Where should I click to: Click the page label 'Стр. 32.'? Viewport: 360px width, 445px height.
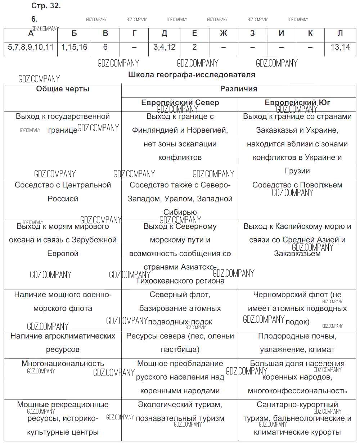coord(46,6)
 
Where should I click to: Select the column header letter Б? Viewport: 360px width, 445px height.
coord(74,33)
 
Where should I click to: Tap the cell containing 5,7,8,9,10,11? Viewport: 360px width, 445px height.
coord(31,47)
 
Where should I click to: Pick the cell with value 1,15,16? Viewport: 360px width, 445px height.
coord(74,47)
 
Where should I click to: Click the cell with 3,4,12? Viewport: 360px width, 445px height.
coord(164,47)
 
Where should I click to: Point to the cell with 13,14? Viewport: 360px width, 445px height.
coord(340,47)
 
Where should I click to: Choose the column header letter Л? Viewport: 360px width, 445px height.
coord(340,33)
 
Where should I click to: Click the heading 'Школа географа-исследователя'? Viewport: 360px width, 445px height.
coord(192,75)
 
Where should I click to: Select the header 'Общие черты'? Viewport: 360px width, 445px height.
coord(63,89)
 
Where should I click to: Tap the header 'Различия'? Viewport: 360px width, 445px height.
coord(239,89)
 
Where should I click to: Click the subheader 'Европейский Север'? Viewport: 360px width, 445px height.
coord(180,103)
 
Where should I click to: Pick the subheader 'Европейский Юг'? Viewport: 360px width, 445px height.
coord(297,103)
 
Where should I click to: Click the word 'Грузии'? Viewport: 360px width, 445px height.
coord(297,171)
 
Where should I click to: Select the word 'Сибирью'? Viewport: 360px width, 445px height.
coord(180,212)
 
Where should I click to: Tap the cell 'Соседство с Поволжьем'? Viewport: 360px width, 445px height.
coord(297,185)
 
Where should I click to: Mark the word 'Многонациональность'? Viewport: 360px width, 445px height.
coord(63,363)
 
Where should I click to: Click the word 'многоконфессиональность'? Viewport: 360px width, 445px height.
coord(297,391)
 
